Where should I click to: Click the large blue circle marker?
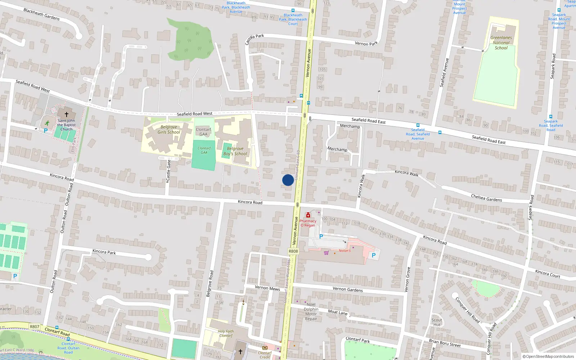click(288, 180)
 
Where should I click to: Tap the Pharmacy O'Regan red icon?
click(308, 215)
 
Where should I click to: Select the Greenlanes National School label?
click(501, 42)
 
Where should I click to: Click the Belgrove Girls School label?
click(168, 130)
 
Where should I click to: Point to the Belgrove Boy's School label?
click(235, 151)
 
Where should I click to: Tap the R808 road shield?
click(293, 251)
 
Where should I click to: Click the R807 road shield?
click(35, 327)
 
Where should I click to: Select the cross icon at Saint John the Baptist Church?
click(66, 114)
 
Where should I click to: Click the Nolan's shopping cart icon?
click(326, 253)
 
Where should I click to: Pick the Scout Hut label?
click(437, 322)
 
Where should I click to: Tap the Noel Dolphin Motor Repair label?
click(311, 311)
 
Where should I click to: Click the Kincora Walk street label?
click(406, 173)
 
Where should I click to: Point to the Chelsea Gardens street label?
click(486, 198)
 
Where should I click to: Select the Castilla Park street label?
click(255, 39)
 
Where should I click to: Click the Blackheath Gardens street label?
click(41, 14)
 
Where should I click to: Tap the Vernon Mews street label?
click(267, 288)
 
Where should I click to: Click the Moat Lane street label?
click(338, 312)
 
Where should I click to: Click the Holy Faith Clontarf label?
click(226, 333)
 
